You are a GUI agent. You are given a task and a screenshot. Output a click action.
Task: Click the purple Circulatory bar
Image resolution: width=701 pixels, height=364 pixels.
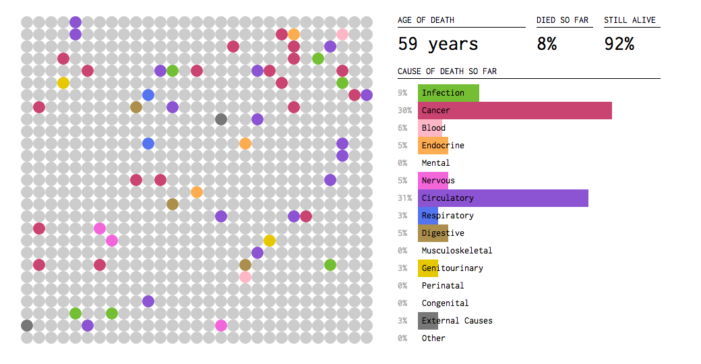503,198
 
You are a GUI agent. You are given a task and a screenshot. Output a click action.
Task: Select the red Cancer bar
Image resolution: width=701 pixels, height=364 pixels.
515,111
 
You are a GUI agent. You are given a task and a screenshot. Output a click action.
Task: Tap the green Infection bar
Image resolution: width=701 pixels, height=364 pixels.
448,93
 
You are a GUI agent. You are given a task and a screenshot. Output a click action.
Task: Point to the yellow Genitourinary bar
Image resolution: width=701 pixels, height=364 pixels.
428,268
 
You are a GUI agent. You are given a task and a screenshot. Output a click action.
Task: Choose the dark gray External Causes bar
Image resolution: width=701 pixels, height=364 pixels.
428,321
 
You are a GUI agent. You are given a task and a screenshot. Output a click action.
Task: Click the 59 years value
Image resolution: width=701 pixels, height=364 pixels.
437,44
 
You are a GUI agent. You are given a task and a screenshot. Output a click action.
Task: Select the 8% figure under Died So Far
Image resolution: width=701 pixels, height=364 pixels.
547,44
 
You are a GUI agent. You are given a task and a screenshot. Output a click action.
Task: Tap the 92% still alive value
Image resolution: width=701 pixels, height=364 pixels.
619,44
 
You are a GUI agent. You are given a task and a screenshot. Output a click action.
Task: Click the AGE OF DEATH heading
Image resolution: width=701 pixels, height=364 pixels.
425,20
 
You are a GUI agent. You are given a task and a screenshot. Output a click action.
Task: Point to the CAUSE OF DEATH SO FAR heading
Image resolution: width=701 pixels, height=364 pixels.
447,71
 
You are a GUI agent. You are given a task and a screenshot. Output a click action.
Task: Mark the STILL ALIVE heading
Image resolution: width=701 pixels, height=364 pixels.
630,20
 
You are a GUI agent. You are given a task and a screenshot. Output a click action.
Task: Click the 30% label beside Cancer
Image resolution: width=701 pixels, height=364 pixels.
405,111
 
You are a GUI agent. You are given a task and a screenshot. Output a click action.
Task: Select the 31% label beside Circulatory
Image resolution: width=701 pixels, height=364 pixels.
405,198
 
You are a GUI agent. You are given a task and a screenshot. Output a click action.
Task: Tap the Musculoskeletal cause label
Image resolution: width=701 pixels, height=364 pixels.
456,251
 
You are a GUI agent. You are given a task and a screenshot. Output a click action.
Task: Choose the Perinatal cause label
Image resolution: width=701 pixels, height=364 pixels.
442,286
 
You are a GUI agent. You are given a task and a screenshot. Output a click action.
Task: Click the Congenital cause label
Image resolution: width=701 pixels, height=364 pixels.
445,303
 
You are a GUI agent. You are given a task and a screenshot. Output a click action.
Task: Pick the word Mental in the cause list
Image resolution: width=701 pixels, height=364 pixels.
435,163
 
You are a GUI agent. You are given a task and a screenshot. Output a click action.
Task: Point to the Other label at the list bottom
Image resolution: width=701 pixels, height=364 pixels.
433,338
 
